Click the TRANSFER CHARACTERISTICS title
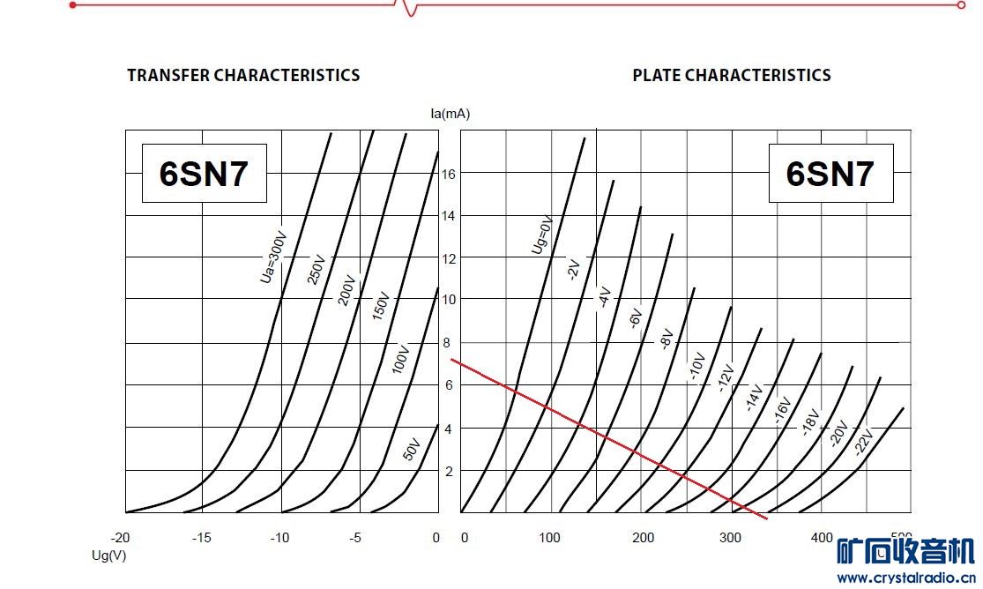[x=243, y=76]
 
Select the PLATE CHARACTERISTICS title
[x=732, y=76]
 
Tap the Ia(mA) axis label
[x=449, y=113]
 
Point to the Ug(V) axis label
[x=108, y=555]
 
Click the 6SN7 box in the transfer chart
[x=204, y=174]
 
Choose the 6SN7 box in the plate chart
[x=830, y=174]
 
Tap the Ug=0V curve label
[x=541, y=235]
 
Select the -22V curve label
[x=862, y=442]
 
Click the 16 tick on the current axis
[x=449, y=174]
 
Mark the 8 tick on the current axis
[x=447, y=342]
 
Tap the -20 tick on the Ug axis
[x=120, y=538]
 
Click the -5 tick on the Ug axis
[x=356, y=538]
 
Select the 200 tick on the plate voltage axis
[x=644, y=538]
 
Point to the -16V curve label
[x=783, y=410]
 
